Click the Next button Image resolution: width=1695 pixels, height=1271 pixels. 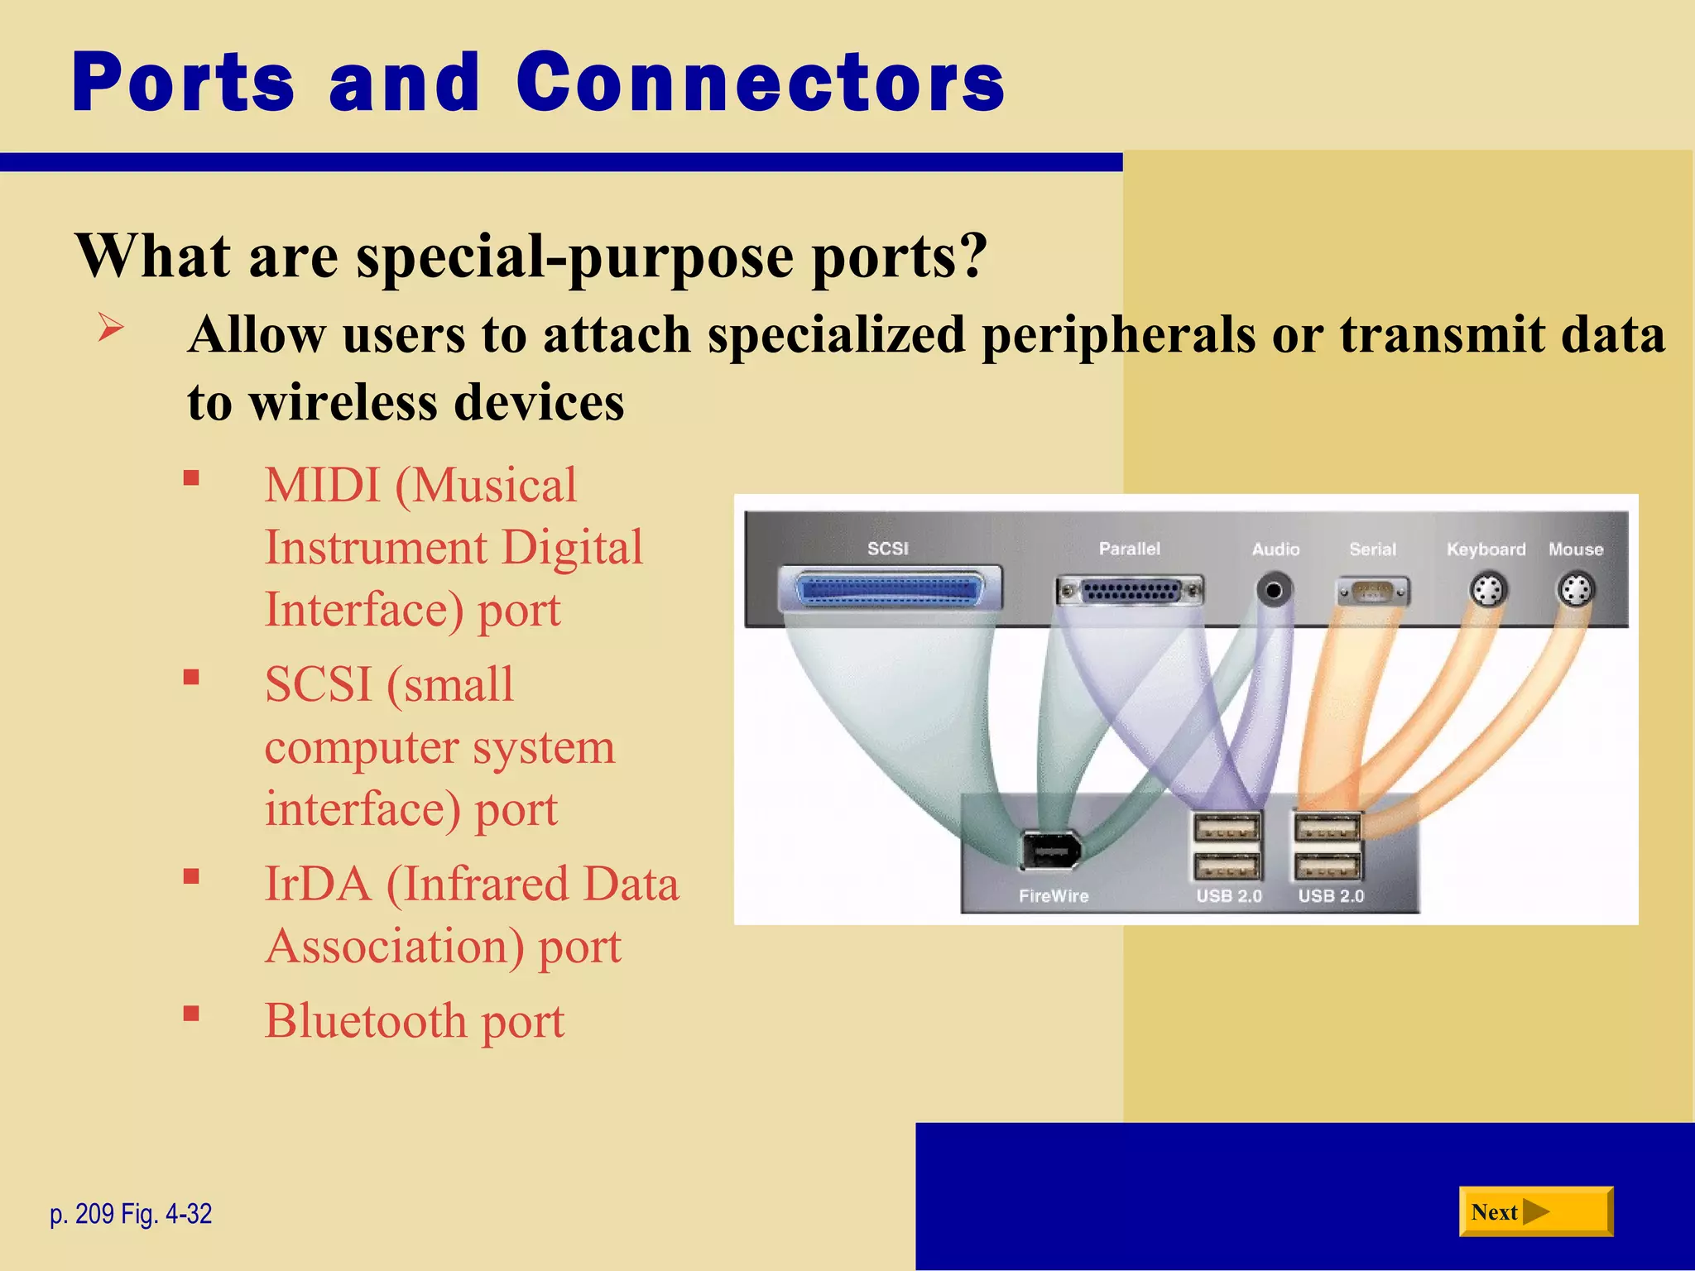pyautogui.click(x=1535, y=1211)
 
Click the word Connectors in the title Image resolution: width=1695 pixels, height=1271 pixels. pyautogui.click(x=760, y=83)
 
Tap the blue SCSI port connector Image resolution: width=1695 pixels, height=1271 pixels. pyautogui.click(x=890, y=590)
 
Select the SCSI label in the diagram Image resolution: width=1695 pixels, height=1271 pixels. pyautogui.click(x=887, y=549)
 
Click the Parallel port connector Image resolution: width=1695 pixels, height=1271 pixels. pyautogui.click(x=1130, y=591)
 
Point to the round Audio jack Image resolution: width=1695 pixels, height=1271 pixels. pyautogui.click(x=1275, y=590)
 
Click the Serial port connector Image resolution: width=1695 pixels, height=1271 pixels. pyautogui.click(x=1373, y=592)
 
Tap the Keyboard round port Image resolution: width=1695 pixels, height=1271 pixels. pyautogui.click(x=1488, y=591)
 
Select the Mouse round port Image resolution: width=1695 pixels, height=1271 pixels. pyautogui.click(x=1575, y=591)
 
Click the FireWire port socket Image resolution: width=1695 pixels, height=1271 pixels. pyautogui.click(x=1049, y=850)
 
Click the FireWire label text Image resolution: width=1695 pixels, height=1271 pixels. pyautogui.click(x=1054, y=896)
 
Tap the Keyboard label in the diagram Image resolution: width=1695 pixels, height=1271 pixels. pyautogui.click(x=1486, y=549)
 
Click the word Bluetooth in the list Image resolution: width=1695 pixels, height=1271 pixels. pyautogui.click(x=365, y=1020)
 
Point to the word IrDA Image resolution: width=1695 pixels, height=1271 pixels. pyautogui.click(x=317, y=884)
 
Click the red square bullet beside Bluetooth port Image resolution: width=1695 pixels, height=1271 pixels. pyautogui.click(x=191, y=1014)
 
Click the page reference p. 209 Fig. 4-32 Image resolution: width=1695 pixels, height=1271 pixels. pyautogui.click(x=131, y=1214)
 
